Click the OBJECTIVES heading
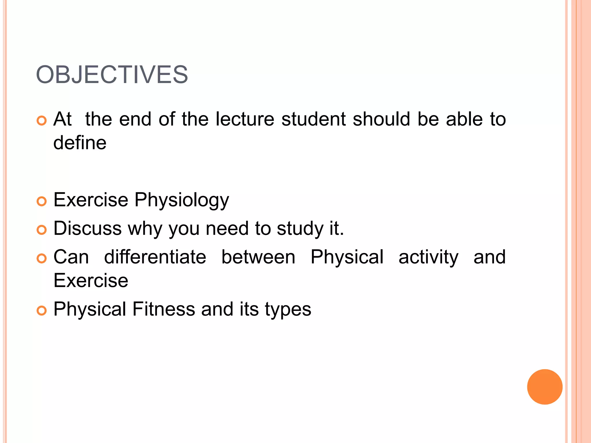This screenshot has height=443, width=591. click(x=112, y=75)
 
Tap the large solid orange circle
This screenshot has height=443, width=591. click(x=545, y=387)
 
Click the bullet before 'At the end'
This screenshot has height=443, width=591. click(x=42, y=121)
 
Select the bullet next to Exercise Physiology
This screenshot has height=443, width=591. click(x=42, y=201)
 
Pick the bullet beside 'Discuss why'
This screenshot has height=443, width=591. click(x=42, y=230)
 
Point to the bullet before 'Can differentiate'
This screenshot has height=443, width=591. click(x=42, y=258)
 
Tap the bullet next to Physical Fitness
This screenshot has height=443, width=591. click(x=42, y=311)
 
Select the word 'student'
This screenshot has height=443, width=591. click(x=313, y=119)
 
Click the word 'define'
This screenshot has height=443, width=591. click(x=80, y=143)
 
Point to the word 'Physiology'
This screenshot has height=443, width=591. click(x=182, y=200)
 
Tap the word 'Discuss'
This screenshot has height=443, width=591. click(x=87, y=228)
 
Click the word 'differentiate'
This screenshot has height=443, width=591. click(x=155, y=257)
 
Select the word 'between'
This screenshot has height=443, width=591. click(x=258, y=257)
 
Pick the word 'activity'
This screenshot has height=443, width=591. click(x=428, y=258)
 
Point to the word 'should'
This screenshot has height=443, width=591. click(x=381, y=119)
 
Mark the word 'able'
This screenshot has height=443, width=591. click(x=464, y=119)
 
